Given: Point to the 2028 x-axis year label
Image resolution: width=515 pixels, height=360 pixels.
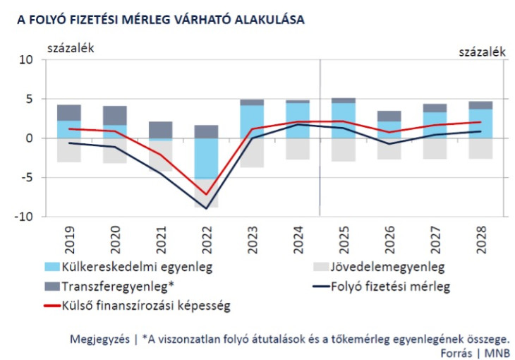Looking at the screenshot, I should pyautogui.click(x=481, y=236).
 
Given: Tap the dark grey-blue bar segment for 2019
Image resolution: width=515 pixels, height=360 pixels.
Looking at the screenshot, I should pyautogui.click(x=68, y=112).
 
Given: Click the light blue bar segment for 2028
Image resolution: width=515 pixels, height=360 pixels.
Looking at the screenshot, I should pyautogui.click(x=480, y=124).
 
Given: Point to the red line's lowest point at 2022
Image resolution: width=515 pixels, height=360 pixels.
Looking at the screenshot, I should pyautogui.click(x=205, y=194).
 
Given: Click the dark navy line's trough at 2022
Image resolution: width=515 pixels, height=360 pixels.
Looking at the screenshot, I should pyautogui.click(x=205, y=208).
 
